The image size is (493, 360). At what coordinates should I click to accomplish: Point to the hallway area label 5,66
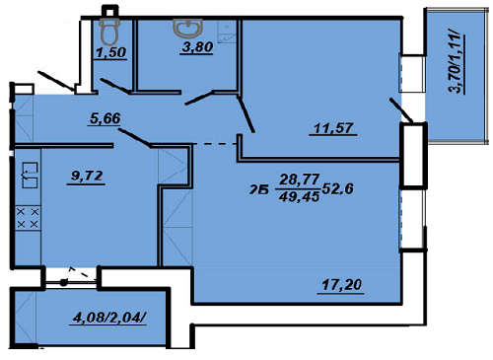(104, 121)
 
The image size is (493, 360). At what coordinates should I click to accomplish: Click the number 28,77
(298, 180)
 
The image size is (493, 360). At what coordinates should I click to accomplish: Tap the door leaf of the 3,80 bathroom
(200, 96)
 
